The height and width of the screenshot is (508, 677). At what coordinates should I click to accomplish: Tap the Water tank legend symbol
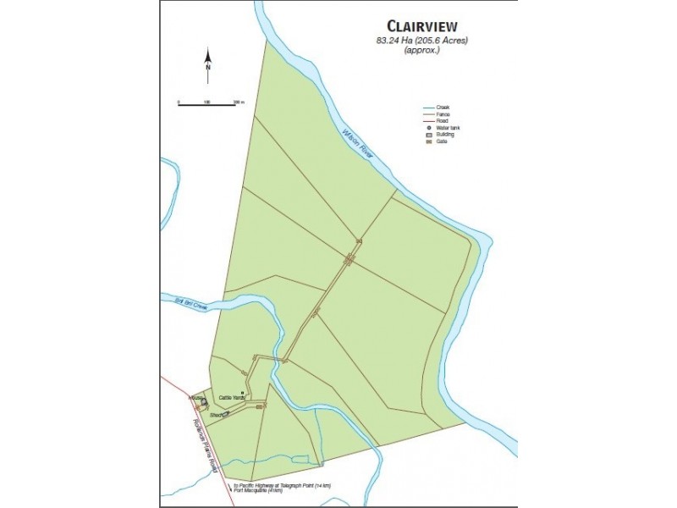428,128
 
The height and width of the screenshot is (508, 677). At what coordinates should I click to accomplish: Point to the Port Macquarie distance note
257,491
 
